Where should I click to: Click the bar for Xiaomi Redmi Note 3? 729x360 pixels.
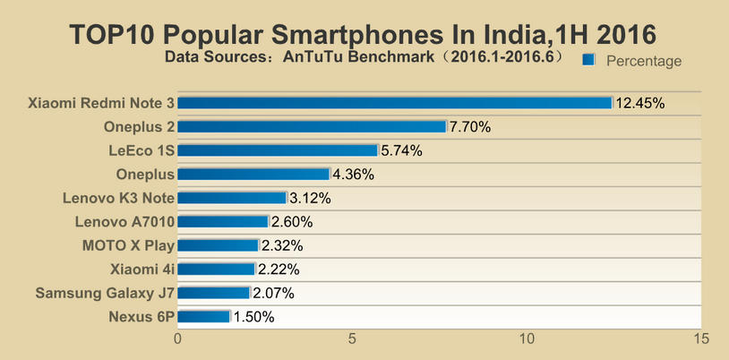click(x=395, y=103)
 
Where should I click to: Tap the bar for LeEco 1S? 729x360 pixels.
click(x=278, y=150)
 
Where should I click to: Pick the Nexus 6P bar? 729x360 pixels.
click(x=204, y=316)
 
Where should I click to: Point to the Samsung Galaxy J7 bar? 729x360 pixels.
click(x=214, y=293)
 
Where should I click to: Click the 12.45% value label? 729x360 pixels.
click(x=639, y=103)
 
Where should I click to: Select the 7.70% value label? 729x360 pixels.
click(x=470, y=127)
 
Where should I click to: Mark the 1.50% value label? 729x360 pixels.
click(x=253, y=316)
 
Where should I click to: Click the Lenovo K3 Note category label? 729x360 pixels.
click(x=118, y=198)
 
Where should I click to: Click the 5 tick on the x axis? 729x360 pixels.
click(x=353, y=339)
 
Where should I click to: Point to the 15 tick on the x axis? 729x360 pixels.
click(x=701, y=339)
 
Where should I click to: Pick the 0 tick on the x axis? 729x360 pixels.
click(x=178, y=339)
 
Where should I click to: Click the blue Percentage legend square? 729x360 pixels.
click(x=588, y=60)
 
